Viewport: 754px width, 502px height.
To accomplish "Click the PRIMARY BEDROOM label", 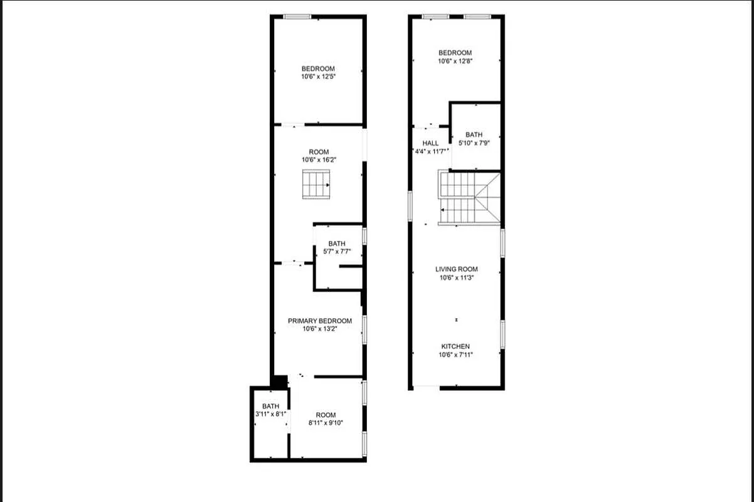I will (x=320, y=321).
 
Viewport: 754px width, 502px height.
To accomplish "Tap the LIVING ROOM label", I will (x=457, y=269).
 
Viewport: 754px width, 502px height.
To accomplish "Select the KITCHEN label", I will (x=455, y=346).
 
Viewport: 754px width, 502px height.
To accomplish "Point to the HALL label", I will (x=430, y=143).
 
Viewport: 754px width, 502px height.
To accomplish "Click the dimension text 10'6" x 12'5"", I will (x=318, y=77).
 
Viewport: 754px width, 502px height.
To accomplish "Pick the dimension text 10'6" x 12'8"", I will (x=455, y=61).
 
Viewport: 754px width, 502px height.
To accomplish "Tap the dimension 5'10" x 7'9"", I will (x=474, y=143).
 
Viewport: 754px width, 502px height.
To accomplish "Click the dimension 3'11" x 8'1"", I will (x=270, y=414).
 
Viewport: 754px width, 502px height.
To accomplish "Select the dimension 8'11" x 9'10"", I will (x=326, y=423).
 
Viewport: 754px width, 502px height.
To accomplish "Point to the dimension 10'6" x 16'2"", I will (x=319, y=160).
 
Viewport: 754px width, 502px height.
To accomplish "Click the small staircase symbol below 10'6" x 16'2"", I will (x=316, y=184).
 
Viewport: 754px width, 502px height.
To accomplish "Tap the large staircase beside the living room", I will (x=469, y=198).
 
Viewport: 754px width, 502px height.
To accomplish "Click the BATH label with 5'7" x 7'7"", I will (x=337, y=243).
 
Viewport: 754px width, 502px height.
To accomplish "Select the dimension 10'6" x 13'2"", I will (x=320, y=329).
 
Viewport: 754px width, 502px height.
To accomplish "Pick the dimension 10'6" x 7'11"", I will (x=455, y=355).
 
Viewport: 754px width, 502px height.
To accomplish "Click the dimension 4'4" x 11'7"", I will (x=430, y=151).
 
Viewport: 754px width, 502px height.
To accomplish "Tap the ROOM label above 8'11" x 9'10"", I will (x=326, y=415).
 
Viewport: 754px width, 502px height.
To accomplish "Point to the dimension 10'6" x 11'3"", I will (x=457, y=277).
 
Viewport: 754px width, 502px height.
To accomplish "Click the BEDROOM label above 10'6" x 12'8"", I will (x=455, y=53).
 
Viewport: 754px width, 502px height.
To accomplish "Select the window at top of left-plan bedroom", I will (x=294, y=16).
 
